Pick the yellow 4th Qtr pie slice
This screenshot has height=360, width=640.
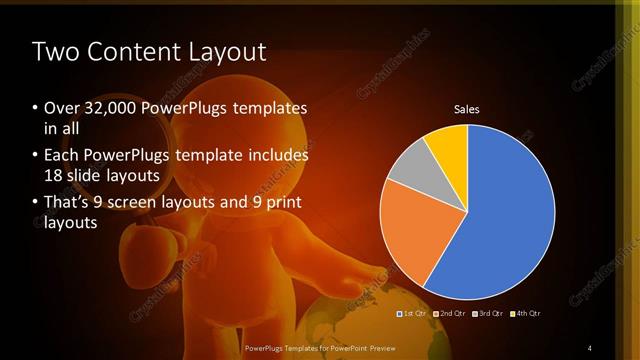click(448, 148)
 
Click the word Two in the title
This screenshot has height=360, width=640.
click(55, 52)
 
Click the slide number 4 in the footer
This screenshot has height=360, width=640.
click(590, 347)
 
